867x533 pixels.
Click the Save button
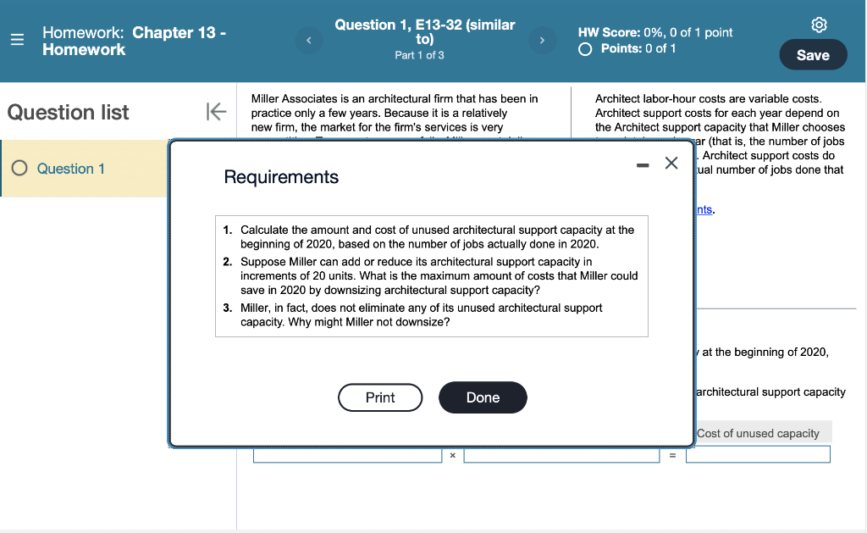point(813,55)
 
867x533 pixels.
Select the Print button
point(380,397)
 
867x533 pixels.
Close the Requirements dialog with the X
point(671,163)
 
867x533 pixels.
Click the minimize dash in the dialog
point(643,164)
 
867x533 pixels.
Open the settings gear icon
point(819,25)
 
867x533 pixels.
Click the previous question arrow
point(309,40)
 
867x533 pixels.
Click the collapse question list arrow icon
point(215,112)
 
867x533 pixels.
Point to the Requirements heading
point(281,177)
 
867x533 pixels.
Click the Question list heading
point(69,112)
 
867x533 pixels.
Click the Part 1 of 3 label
point(419,55)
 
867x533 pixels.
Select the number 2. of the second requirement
point(228,262)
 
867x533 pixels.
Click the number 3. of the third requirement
point(228,308)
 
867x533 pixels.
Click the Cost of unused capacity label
point(758,433)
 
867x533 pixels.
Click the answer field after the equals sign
point(758,455)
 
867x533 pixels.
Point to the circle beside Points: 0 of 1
point(585,48)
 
